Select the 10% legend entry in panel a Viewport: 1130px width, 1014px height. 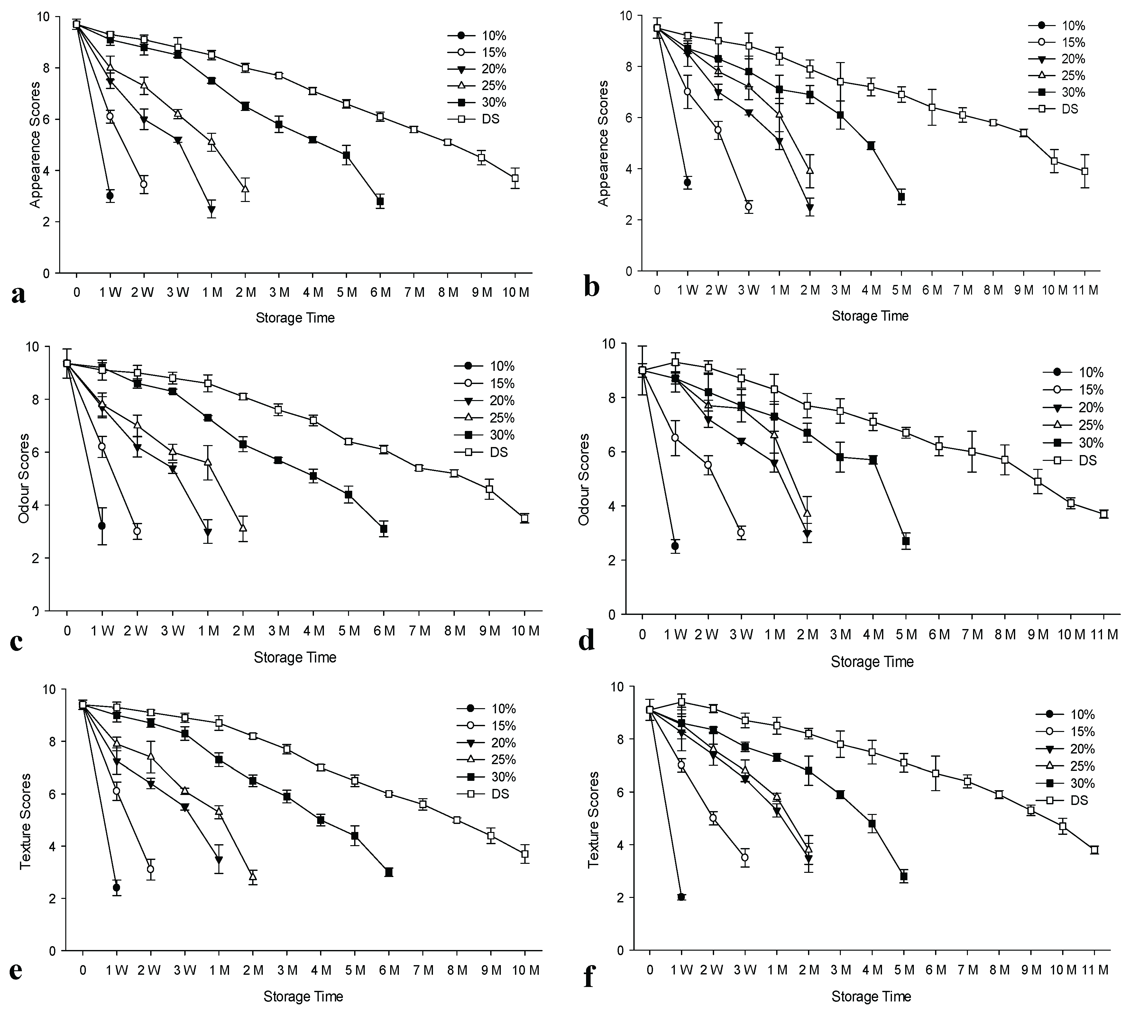tap(477, 36)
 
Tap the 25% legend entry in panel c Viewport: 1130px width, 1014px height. tap(486, 418)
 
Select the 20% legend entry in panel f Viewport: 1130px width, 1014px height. tap(1065, 749)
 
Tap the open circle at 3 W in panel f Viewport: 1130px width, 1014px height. tap(745, 857)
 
